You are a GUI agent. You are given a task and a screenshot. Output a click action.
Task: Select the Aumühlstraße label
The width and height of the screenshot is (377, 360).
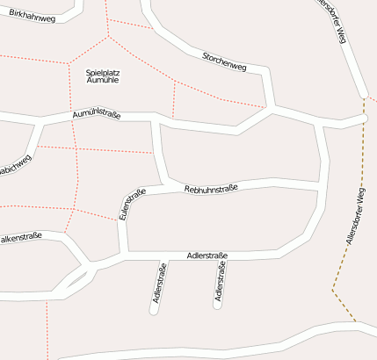[97, 115]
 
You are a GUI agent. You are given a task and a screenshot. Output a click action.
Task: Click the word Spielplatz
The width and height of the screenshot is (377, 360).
[104, 72]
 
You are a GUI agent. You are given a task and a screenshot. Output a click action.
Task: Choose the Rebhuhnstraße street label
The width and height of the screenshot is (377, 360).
[211, 187]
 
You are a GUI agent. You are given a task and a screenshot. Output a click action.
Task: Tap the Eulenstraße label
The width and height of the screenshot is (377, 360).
[129, 203]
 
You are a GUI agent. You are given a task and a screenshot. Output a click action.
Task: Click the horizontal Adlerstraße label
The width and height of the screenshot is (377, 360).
[207, 256]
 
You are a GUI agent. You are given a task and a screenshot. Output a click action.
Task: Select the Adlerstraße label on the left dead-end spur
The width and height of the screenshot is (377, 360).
[160, 284]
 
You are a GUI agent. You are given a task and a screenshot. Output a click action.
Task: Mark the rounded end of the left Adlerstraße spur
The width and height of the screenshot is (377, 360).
[154, 309]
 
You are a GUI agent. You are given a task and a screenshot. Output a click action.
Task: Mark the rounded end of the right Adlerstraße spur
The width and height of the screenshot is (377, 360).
[217, 306]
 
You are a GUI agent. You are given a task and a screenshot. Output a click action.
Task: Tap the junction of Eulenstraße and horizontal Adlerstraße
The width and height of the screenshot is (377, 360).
[125, 256]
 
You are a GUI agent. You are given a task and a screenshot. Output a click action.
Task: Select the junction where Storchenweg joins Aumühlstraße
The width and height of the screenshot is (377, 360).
[269, 110]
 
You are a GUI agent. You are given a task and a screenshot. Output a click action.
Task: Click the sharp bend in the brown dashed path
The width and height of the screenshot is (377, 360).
[333, 290]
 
